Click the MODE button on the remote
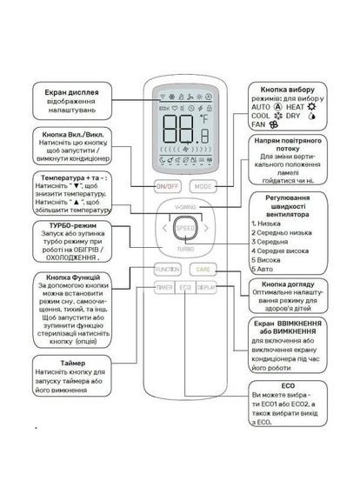tap(203, 186)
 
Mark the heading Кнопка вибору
tap(290, 90)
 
